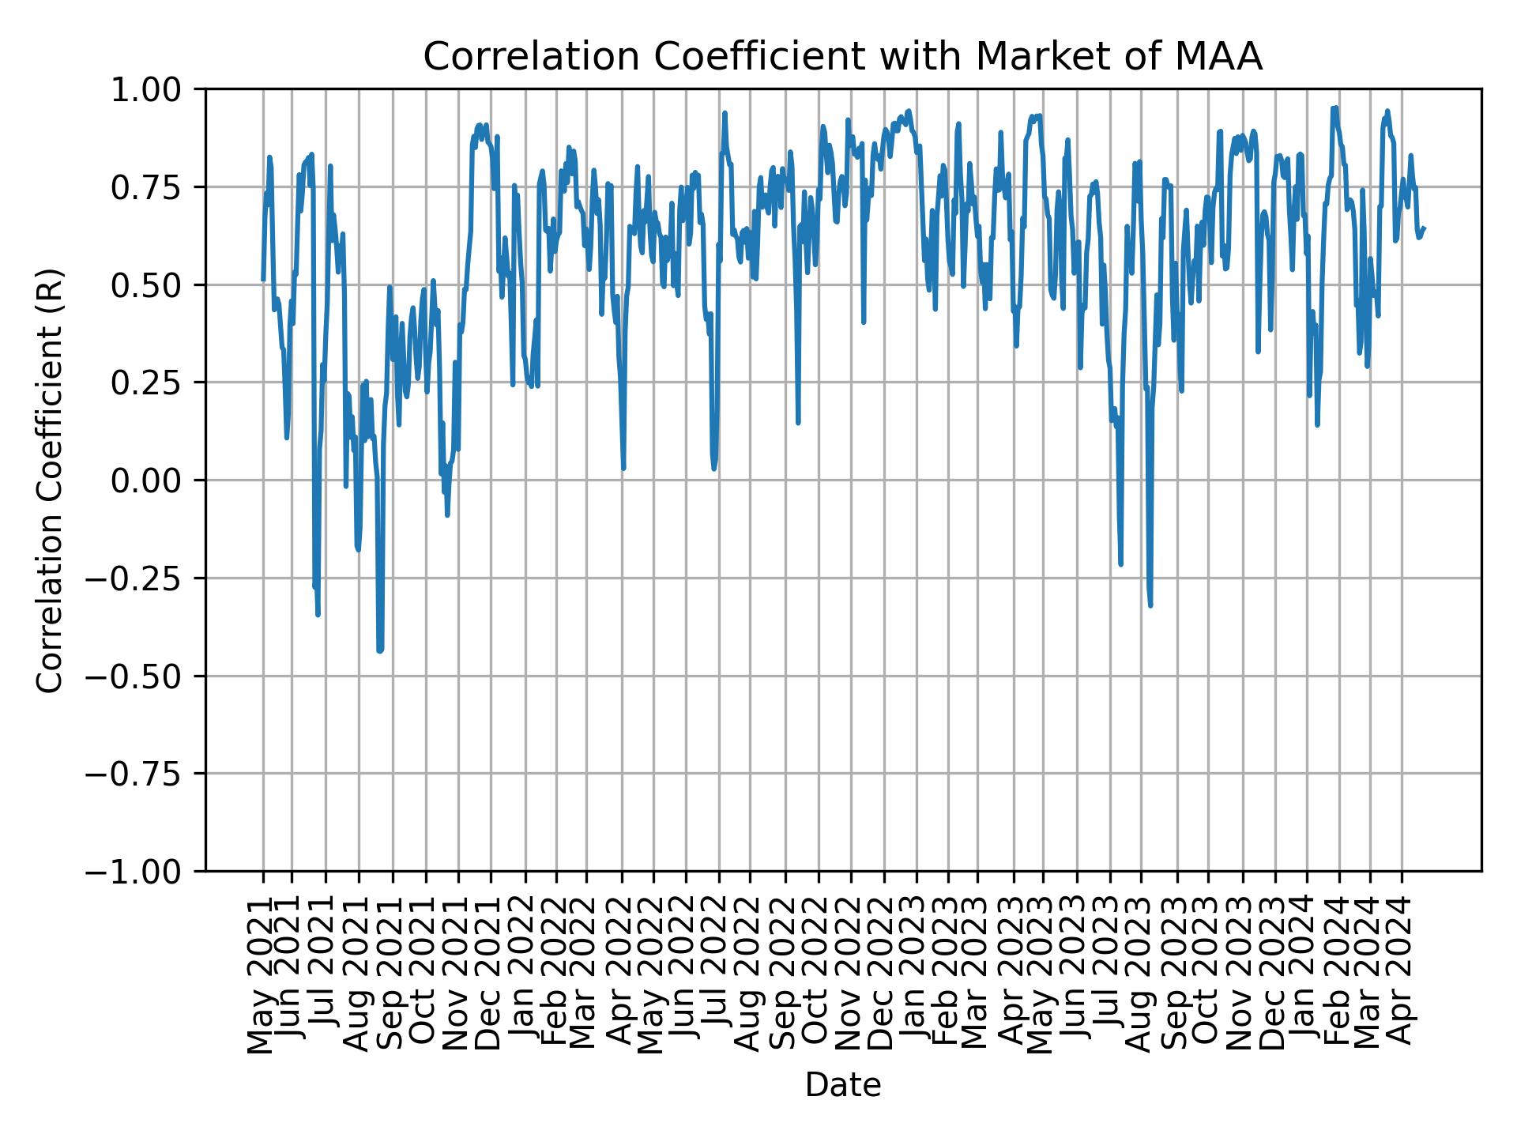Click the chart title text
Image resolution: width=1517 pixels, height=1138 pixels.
point(842,57)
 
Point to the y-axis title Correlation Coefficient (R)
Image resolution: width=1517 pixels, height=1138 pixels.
point(50,480)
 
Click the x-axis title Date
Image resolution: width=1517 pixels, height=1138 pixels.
point(842,1086)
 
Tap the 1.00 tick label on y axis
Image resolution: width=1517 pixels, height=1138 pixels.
point(148,89)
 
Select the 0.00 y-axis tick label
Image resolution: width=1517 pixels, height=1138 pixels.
point(148,480)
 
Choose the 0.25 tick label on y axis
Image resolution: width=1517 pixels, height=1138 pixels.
point(148,382)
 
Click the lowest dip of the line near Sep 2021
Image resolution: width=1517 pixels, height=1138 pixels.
point(380,650)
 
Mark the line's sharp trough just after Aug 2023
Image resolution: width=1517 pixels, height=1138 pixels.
point(1150,605)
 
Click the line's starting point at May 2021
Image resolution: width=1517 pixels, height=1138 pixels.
point(263,280)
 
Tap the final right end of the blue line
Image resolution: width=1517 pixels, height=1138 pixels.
point(1424,229)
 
